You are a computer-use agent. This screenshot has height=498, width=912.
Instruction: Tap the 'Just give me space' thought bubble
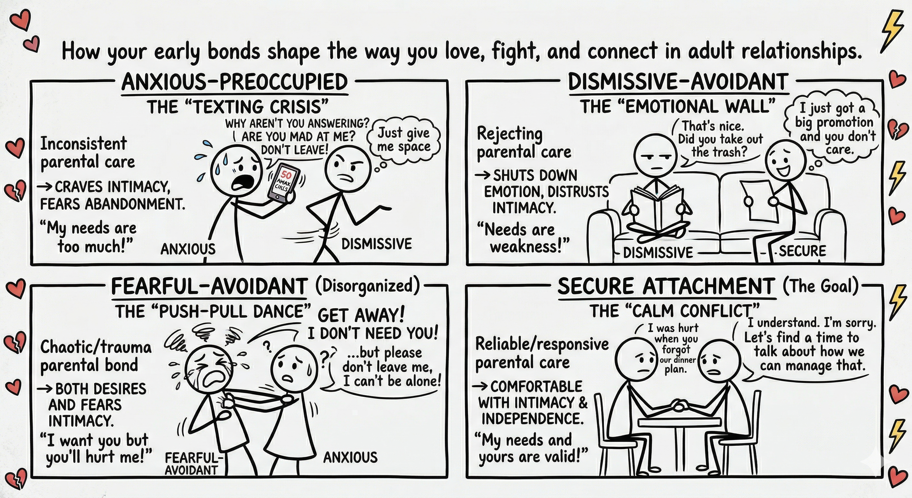pos(404,140)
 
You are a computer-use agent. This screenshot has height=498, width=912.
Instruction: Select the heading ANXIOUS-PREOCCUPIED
pos(234,82)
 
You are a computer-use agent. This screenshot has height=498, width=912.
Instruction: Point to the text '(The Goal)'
pos(821,286)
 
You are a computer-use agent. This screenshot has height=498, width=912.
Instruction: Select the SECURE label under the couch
pos(802,251)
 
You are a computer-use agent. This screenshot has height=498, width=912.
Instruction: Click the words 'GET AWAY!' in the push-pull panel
pos(361,315)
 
